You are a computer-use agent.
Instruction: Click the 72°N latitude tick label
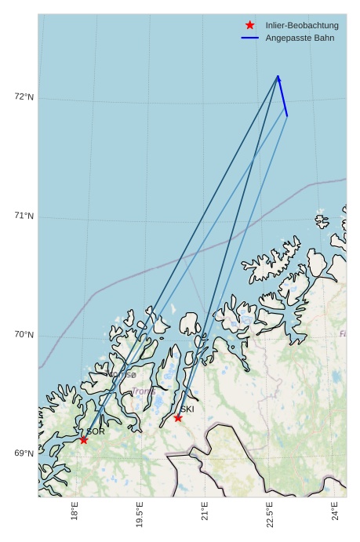point(24,97)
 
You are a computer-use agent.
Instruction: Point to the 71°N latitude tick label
point(24,216)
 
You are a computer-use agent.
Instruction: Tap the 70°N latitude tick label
point(24,335)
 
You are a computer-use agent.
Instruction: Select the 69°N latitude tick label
point(24,453)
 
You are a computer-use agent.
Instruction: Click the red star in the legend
point(250,25)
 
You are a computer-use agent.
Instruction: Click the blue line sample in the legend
point(250,38)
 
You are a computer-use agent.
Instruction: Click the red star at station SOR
point(84,440)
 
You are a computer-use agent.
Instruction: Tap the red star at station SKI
point(178,417)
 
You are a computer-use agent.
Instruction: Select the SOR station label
point(96,431)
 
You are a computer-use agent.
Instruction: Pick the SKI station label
point(187,409)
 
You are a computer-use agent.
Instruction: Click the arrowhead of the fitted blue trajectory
point(278,78)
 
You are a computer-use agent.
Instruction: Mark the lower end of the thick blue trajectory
point(287,116)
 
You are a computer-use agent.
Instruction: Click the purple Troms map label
point(144,391)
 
